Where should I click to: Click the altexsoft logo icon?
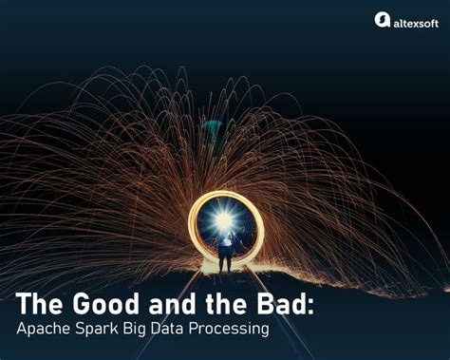(382, 19)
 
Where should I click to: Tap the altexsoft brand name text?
(414, 20)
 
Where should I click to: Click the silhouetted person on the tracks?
(225, 251)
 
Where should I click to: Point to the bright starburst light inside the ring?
(225, 220)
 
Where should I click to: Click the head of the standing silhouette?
(225, 238)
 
